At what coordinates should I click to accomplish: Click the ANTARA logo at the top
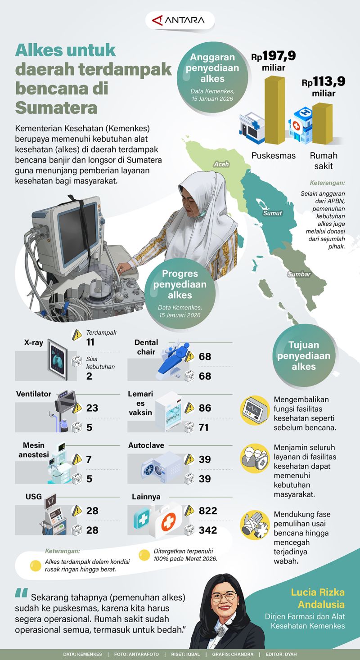tap(180, 20)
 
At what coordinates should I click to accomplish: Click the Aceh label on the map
tap(221, 164)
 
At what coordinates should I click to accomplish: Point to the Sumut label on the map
tap(273, 213)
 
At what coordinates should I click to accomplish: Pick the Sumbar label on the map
tap(299, 274)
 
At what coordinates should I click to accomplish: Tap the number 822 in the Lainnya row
tap(208, 511)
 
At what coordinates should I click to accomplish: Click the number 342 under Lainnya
tap(208, 530)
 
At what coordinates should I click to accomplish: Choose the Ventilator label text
tap(34, 394)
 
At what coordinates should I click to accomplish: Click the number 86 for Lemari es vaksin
tap(205, 408)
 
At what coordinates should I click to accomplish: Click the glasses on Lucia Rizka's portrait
tap(224, 597)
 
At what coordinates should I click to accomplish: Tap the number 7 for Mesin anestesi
tap(89, 459)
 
